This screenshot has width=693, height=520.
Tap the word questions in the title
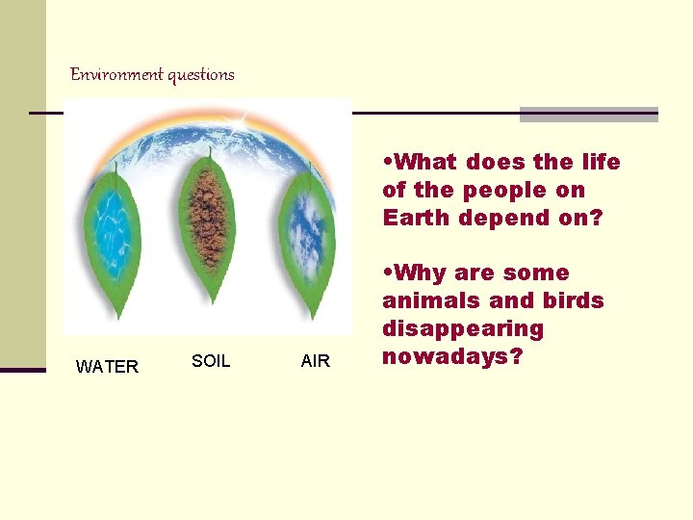click(201, 75)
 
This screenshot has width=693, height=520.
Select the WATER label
click(107, 367)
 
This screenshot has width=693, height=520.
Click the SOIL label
click(211, 361)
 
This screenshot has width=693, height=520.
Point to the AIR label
click(315, 361)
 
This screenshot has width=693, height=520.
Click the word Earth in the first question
click(416, 219)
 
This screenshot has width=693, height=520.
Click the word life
click(601, 162)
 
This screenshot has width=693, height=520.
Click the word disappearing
click(463, 329)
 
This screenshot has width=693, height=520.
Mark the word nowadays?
click(451, 357)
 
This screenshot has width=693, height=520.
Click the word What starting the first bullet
click(429, 162)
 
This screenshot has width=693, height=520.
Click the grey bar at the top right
click(588, 115)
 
